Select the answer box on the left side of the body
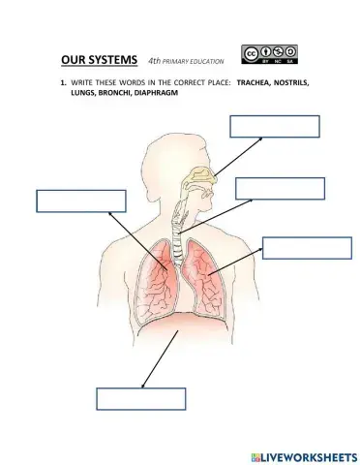pos(81,201)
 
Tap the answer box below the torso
pos(140,398)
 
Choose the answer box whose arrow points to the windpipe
pos(280,188)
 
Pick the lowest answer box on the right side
pos(307,247)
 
